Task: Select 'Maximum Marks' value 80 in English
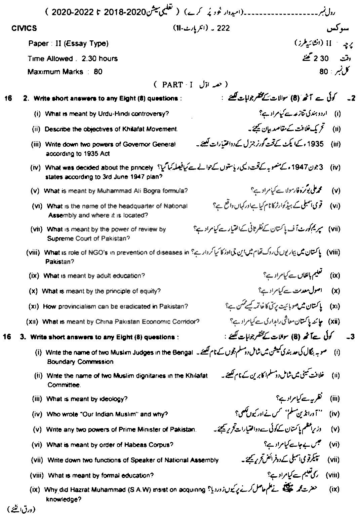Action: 98,72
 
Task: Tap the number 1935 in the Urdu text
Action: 316,144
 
